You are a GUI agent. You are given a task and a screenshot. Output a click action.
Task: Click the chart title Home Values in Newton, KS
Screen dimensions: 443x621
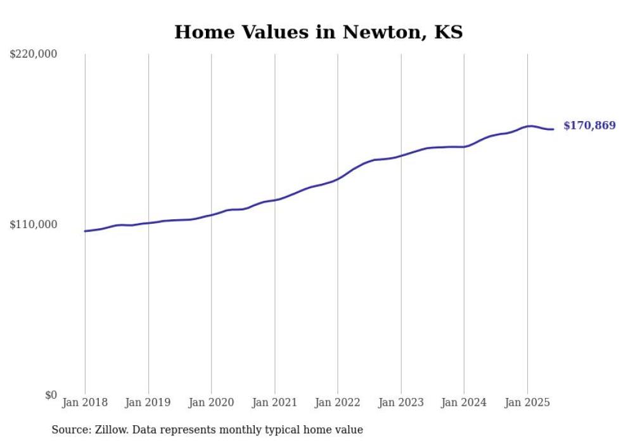318,32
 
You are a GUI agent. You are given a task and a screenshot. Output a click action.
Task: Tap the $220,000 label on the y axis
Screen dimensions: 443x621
33,55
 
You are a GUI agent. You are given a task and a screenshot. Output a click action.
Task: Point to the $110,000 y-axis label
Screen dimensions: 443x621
33,224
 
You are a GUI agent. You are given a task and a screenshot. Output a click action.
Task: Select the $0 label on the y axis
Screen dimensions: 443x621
51,395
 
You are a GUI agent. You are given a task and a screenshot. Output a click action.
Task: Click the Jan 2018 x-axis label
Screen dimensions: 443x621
85,402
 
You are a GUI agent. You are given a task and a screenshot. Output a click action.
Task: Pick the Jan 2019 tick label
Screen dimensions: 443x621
148,402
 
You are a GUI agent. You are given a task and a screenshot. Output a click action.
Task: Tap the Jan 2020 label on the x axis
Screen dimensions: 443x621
211,402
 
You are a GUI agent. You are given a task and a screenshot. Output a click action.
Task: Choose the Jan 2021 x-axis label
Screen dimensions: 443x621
274,402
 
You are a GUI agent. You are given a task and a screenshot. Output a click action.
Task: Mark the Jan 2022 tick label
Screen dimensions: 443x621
338,402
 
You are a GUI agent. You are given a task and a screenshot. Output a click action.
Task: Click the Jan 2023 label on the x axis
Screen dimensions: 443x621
400,402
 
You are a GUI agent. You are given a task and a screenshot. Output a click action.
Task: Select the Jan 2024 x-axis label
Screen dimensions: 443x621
464,402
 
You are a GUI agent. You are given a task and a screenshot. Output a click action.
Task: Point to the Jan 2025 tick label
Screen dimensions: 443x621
527,402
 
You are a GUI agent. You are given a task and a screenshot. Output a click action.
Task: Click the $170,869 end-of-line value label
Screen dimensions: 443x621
589,126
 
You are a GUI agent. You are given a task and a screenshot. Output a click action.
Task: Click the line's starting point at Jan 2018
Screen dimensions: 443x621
85,231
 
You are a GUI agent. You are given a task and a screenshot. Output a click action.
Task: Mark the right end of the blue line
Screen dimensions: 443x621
553,129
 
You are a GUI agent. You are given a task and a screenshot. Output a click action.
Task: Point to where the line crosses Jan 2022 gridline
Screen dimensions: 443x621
338,178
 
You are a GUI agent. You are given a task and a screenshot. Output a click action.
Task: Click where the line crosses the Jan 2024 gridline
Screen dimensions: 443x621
464,146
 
